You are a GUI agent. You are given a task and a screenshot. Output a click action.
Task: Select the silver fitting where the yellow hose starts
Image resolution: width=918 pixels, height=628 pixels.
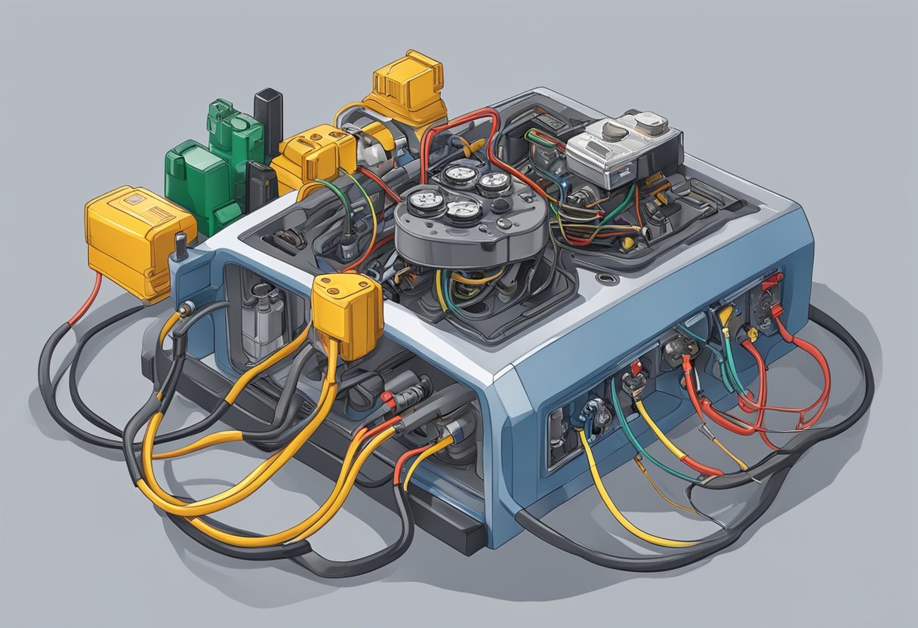click(x=186, y=310)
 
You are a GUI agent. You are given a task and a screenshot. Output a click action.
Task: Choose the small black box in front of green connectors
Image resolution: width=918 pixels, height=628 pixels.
click(x=260, y=185)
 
